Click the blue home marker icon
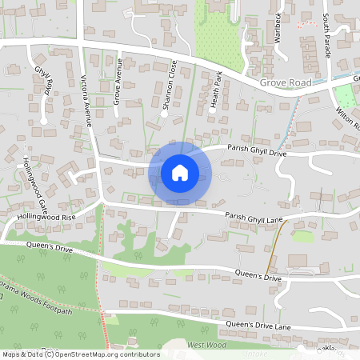[180, 172]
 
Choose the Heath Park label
[214, 90]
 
